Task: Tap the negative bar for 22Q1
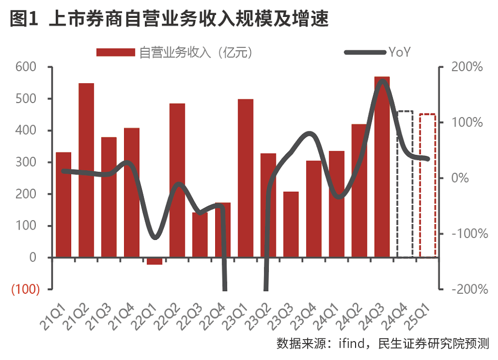pos(154,261)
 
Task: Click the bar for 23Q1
pos(246,178)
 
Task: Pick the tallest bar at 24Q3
pos(382,167)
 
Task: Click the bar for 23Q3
pos(291,225)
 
